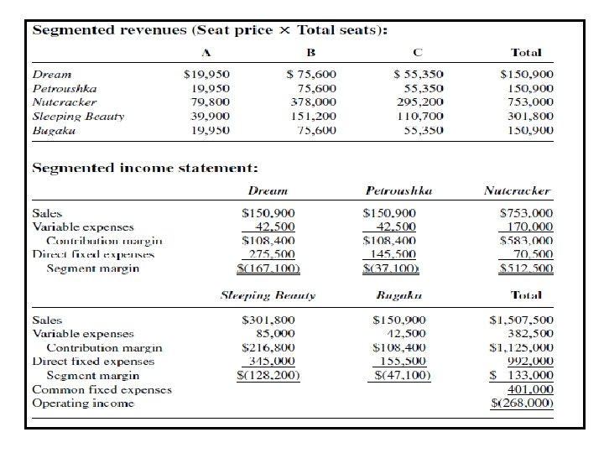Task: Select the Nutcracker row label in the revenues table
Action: (65, 102)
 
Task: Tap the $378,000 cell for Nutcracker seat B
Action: (310, 102)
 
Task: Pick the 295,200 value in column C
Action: (419, 102)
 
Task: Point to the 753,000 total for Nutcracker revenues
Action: (531, 102)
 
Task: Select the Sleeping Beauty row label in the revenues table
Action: (78, 116)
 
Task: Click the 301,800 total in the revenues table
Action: (531, 116)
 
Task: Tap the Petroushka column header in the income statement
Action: (399, 191)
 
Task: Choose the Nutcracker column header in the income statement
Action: (517, 191)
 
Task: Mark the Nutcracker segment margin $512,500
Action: (526, 268)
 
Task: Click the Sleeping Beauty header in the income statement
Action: (268, 296)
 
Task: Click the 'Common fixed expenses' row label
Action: (102, 389)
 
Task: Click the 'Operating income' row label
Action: (82, 404)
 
